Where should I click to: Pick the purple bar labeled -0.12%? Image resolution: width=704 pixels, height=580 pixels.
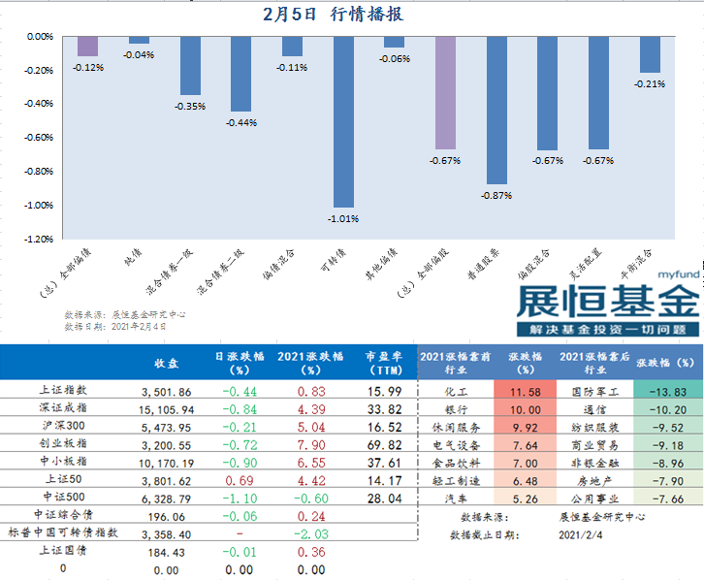[87, 46]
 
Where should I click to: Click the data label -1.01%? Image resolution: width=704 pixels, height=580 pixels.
[342, 218]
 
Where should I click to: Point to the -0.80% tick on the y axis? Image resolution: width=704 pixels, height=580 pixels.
[39, 171]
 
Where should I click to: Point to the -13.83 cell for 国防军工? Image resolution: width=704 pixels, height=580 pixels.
[667, 391]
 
